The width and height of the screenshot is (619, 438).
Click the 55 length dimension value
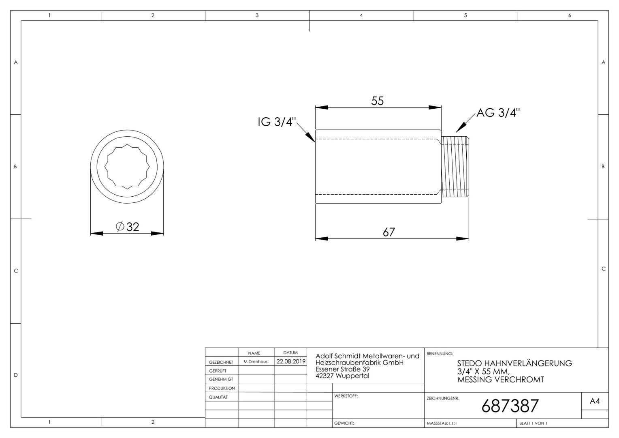(378, 101)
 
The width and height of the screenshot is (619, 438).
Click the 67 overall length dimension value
(389, 232)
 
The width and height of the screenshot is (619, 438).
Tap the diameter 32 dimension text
(127, 227)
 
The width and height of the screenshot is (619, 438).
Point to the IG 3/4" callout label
(277, 122)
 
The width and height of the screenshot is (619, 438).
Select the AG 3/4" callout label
(498, 113)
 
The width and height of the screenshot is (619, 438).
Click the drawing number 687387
(510, 406)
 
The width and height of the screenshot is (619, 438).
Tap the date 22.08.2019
(291, 361)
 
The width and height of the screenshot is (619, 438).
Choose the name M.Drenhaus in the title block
(256, 362)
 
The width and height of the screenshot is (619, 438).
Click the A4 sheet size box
(595, 401)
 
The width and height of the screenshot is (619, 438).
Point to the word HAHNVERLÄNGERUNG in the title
(528, 363)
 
